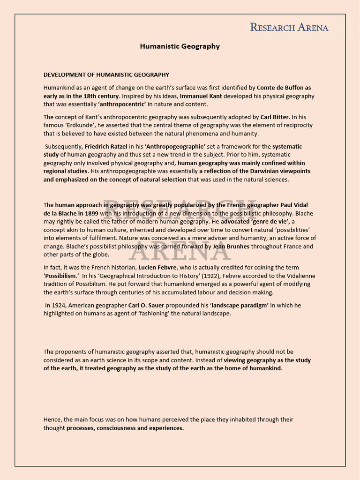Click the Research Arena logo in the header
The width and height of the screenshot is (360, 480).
tap(289, 27)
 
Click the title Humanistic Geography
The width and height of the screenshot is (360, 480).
tap(180, 46)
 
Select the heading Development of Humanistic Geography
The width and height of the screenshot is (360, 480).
tap(106, 75)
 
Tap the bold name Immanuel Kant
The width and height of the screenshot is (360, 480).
tap(201, 96)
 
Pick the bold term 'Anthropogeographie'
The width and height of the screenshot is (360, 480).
tap(176, 146)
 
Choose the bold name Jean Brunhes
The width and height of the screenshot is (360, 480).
tap(231, 246)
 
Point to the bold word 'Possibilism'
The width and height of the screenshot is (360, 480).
tap(60, 275)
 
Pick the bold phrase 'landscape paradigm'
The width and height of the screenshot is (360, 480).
tap(240, 305)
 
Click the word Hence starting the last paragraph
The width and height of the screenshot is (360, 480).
tap(52, 420)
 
